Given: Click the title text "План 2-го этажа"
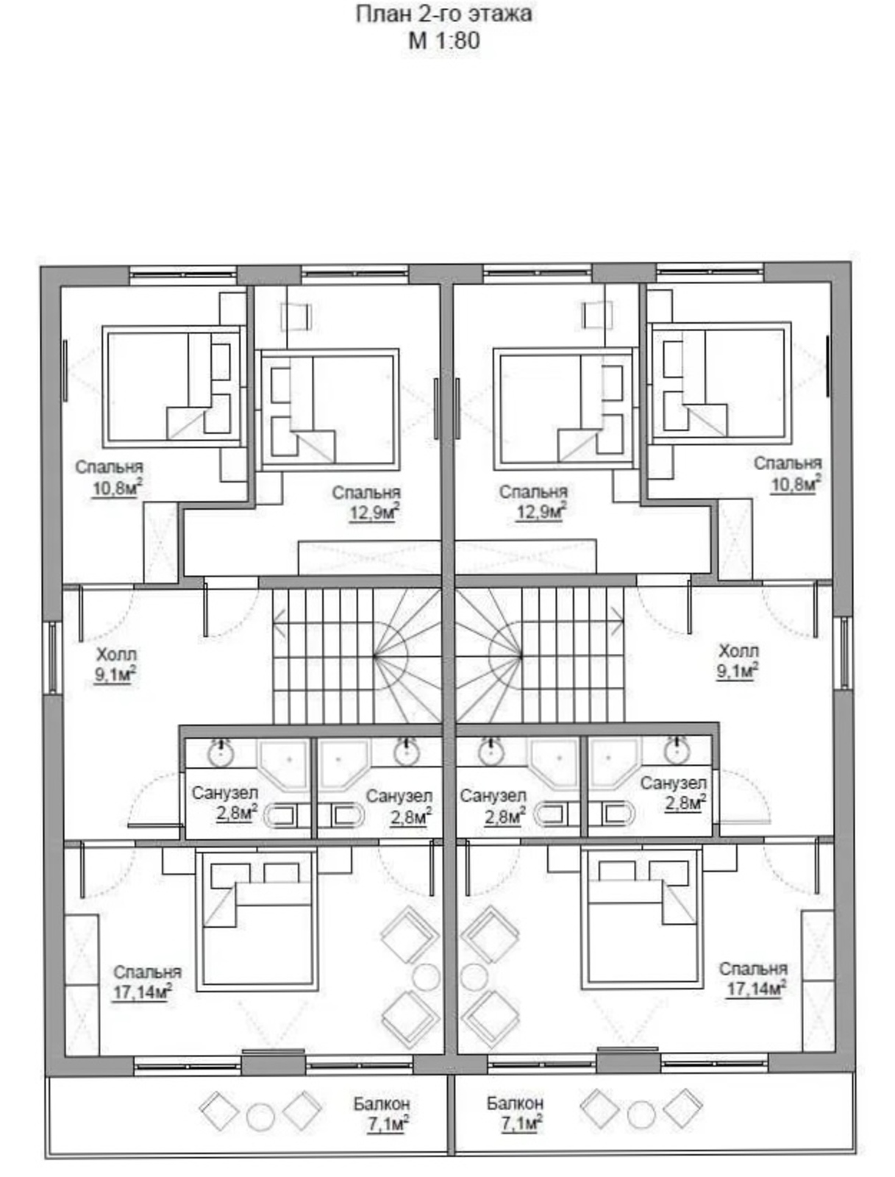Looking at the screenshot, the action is pyautogui.click(x=443, y=15).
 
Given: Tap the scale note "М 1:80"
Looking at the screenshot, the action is pyautogui.click(x=443, y=40).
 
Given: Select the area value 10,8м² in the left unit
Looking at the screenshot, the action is pyautogui.click(x=118, y=488).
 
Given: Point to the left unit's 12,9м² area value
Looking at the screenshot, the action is pyautogui.click(x=374, y=513).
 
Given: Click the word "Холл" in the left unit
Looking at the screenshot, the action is pyautogui.click(x=116, y=654).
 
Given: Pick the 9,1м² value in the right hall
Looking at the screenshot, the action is pyautogui.click(x=738, y=670).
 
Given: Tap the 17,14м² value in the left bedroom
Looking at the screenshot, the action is pyautogui.click(x=142, y=992).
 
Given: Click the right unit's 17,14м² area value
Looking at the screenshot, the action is pyautogui.click(x=756, y=989).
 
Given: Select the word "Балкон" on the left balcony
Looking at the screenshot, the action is pyautogui.click(x=382, y=1104).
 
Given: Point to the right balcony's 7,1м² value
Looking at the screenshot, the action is pyautogui.click(x=520, y=1123).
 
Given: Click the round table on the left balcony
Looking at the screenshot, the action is pyautogui.click(x=260, y=1117).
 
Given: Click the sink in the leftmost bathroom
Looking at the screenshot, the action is pyautogui.click(x=221, y=753).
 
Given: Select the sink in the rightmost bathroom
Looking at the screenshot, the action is pyautogui.click(x=677, y=751).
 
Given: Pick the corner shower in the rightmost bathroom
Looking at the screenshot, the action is pyautogui.click(x=614, y=763).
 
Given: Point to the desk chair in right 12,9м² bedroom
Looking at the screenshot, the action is pyautogui.click(x=598, y=313).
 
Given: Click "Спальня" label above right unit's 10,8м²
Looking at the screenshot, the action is pyautogui.click(x=788, y=463).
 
